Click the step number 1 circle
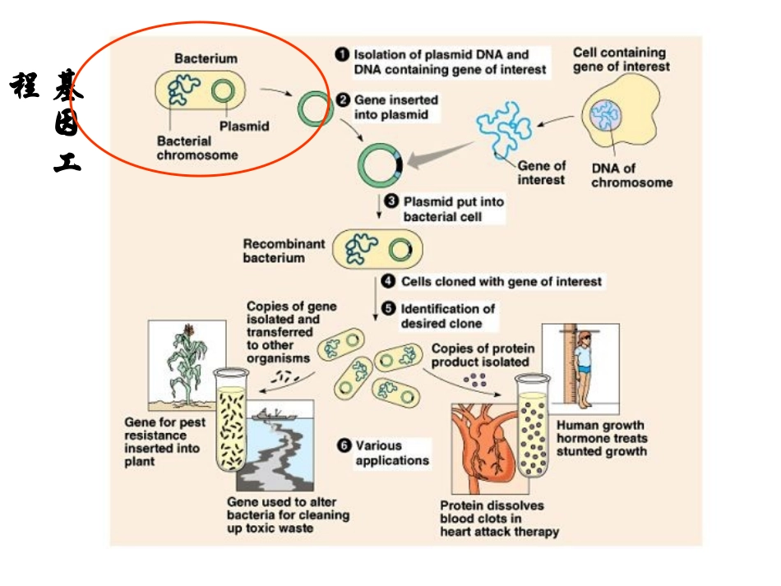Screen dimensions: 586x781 coord(341,54)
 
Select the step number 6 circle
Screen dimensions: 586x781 coord(344,445)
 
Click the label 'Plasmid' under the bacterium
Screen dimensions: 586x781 coord(244,127)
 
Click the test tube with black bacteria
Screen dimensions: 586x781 coord(230,419)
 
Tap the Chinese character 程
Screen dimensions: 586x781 coord(25,85)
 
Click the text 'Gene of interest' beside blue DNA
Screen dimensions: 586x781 coord(542,173)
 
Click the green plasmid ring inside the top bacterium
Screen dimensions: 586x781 coord(222,91)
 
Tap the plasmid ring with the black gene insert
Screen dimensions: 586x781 coord(380,165)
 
